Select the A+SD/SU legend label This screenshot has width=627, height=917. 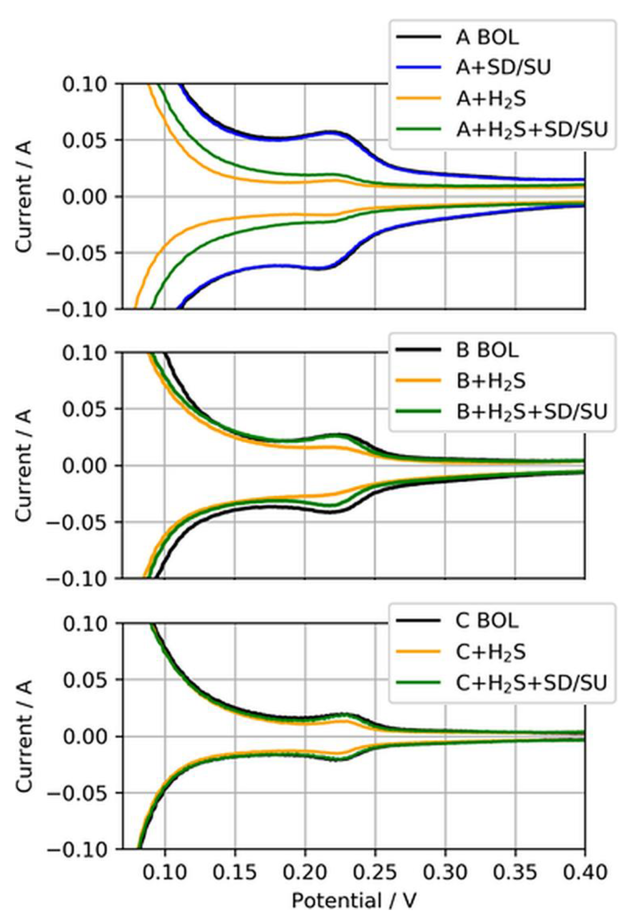click(x=503, y=68)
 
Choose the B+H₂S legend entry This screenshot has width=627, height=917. click(x=491, y=381)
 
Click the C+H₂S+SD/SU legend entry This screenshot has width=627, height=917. click(x=531, y=684)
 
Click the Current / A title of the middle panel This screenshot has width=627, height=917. click(x=24, y=466)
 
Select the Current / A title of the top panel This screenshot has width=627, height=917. click(x=24, y=196)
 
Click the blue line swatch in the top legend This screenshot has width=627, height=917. click(x=418, y=68)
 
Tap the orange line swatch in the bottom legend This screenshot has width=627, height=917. click(x=418, y=653)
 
